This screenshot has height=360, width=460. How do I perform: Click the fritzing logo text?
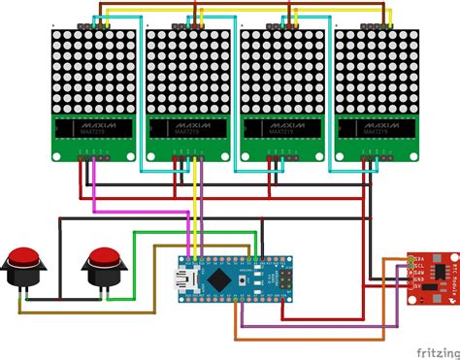[x=426, y=348]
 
